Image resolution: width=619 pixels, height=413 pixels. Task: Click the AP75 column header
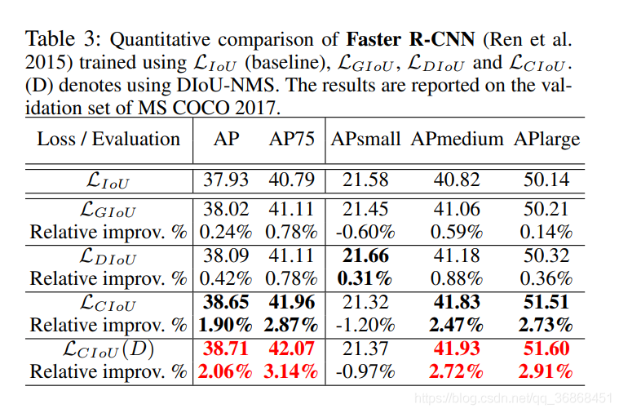point(291,140)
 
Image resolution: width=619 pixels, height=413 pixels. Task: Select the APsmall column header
point(365,140)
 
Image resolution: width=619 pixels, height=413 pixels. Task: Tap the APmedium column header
point(457,140)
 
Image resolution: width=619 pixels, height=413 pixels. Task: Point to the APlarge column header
point(546,140)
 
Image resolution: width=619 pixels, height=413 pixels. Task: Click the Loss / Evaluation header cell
point(108,140)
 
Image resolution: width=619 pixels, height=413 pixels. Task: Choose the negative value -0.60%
point(365,232)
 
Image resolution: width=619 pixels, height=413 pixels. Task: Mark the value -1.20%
point(365,325)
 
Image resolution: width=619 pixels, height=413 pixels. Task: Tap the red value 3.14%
point(292,371)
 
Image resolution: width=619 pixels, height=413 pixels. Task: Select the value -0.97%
point(365,371)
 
